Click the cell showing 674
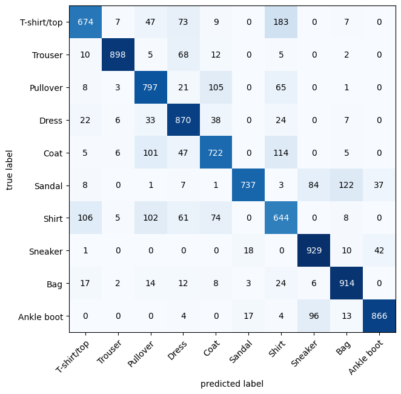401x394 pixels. (85, 22)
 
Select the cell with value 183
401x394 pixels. (281, 22)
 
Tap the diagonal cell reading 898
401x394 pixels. (118, 55)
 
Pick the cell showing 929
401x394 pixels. (314, 250)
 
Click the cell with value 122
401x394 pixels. (346, 185)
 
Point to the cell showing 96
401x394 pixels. (314, 316)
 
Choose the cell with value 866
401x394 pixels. (379, 316)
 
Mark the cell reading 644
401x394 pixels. (281, 218)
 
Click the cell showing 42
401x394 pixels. (379, 250)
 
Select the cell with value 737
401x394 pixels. (248, 185)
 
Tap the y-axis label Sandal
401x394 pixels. (48, 186)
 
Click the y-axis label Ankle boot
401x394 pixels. (41, 317)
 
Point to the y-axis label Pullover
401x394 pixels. (46, 88)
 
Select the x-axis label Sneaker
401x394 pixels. (304, 353)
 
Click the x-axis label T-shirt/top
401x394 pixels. (72, 356)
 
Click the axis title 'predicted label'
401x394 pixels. (232, 384)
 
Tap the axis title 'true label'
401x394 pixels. (9, 170)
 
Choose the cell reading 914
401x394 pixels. (346, 283)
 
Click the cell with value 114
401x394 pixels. (281, 153)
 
